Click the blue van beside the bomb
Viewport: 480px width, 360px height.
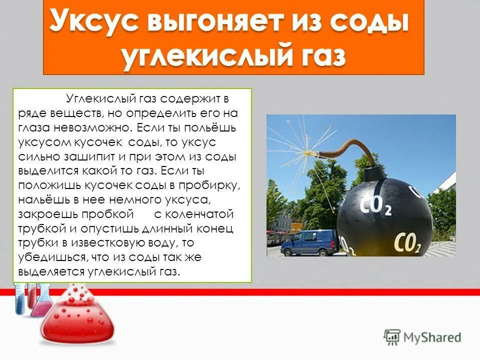click(309, 242)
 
